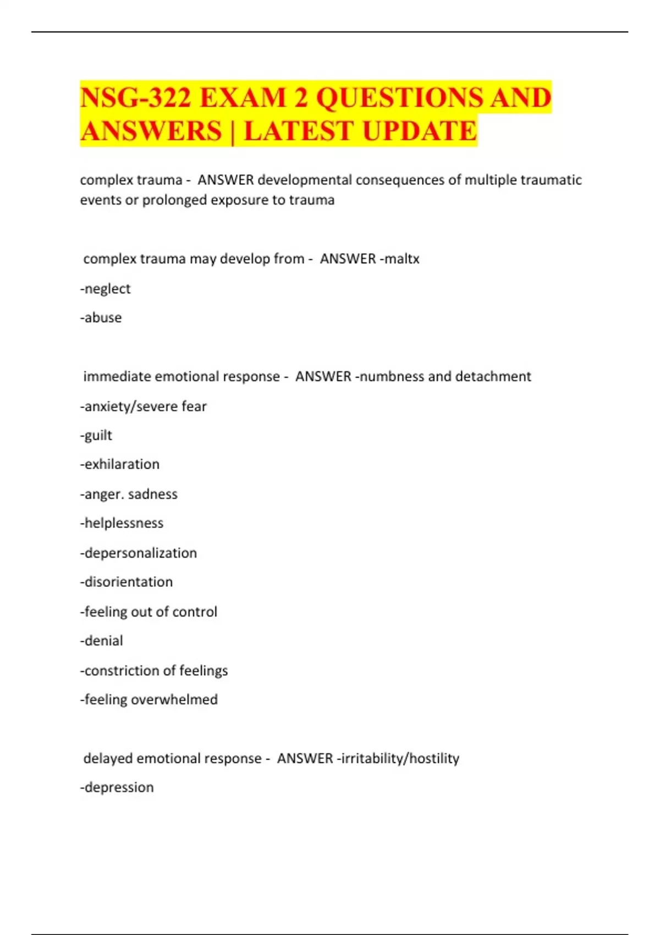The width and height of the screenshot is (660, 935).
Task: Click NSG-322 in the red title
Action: pos(135,98)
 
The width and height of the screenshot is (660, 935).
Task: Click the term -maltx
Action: pos(400,258)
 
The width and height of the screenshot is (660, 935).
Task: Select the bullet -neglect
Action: pos(106,289)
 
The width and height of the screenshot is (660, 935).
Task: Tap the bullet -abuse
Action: pos(101,318)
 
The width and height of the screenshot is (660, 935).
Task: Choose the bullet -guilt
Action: pos(96,436)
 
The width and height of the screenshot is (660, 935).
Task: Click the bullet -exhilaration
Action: pos(120,464)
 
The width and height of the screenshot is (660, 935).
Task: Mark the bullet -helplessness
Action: pos(122,523)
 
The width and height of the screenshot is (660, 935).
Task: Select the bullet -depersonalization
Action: pos(139,553)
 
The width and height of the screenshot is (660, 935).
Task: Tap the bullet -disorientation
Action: pos(127,582)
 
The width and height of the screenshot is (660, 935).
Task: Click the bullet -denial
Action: pos(102,641)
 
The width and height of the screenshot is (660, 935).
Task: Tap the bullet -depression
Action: pos(117,788)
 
